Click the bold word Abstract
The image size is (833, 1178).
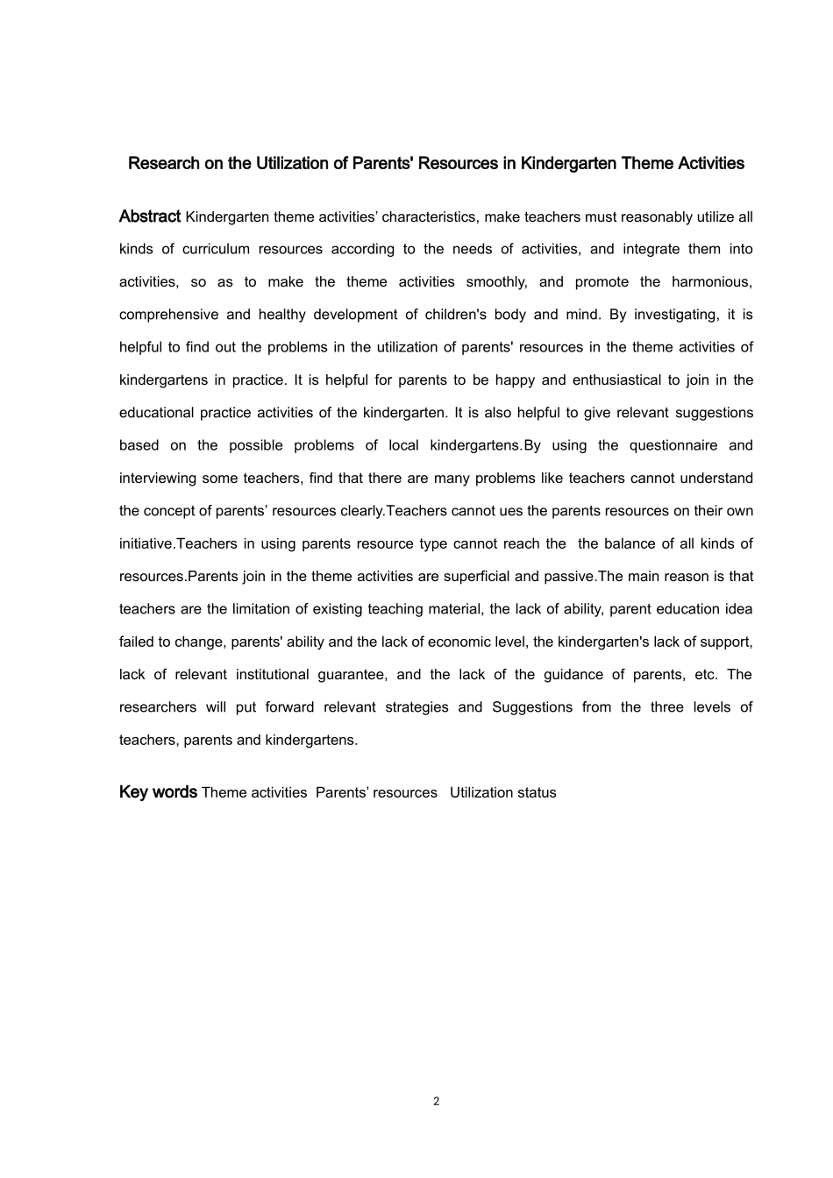pos(150,216)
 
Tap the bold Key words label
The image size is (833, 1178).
pos(158,792)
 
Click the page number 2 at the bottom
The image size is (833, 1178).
pos(436,1102)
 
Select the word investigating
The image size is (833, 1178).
pos(676,315)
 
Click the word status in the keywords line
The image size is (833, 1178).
pos(537,793)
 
